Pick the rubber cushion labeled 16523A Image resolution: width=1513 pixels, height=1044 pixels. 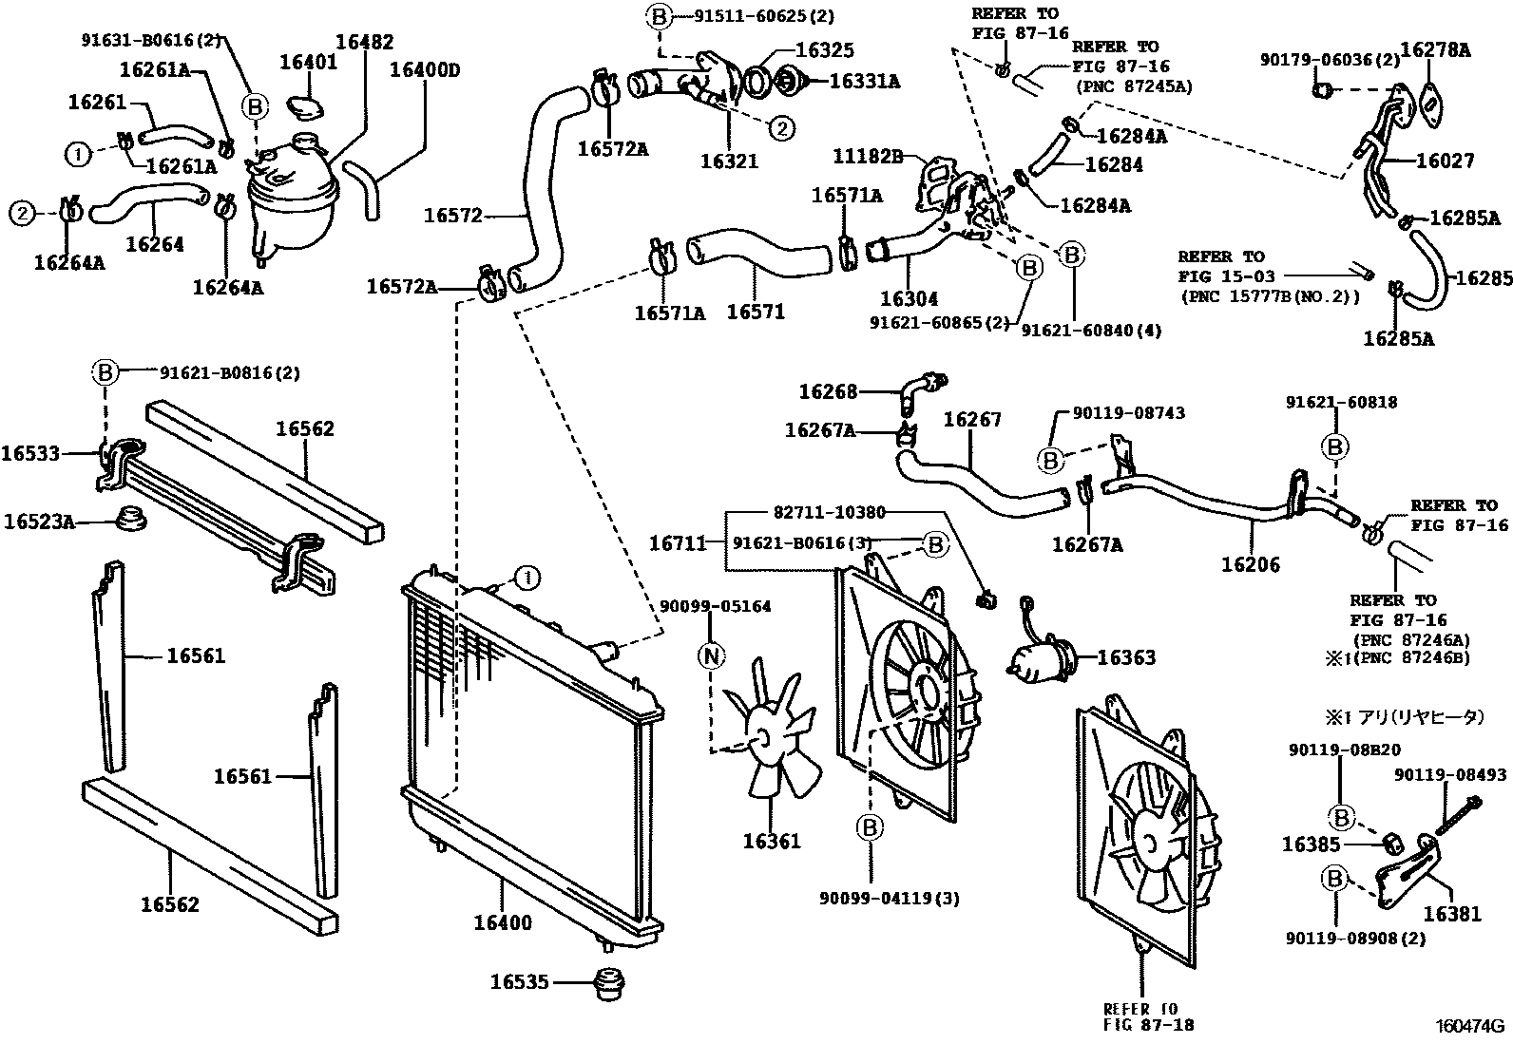click(x=128, y=521)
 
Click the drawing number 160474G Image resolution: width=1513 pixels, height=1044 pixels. click(x=1470, y=1026)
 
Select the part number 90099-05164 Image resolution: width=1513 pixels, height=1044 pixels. click(x=716, y=606)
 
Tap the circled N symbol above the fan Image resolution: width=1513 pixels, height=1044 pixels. click(x=711, y=655)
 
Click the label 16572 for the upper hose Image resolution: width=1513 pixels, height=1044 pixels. click(x=453, y=216)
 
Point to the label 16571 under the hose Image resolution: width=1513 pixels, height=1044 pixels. click(x=756, y=311)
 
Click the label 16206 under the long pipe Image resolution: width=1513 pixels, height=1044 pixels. click(x=1250, y=564)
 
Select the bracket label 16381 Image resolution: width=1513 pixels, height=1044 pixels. click(x=1451, y=914)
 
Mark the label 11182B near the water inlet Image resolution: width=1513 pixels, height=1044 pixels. click(x=868, y=155)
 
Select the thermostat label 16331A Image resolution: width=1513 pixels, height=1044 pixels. click(x=864, y=82)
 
